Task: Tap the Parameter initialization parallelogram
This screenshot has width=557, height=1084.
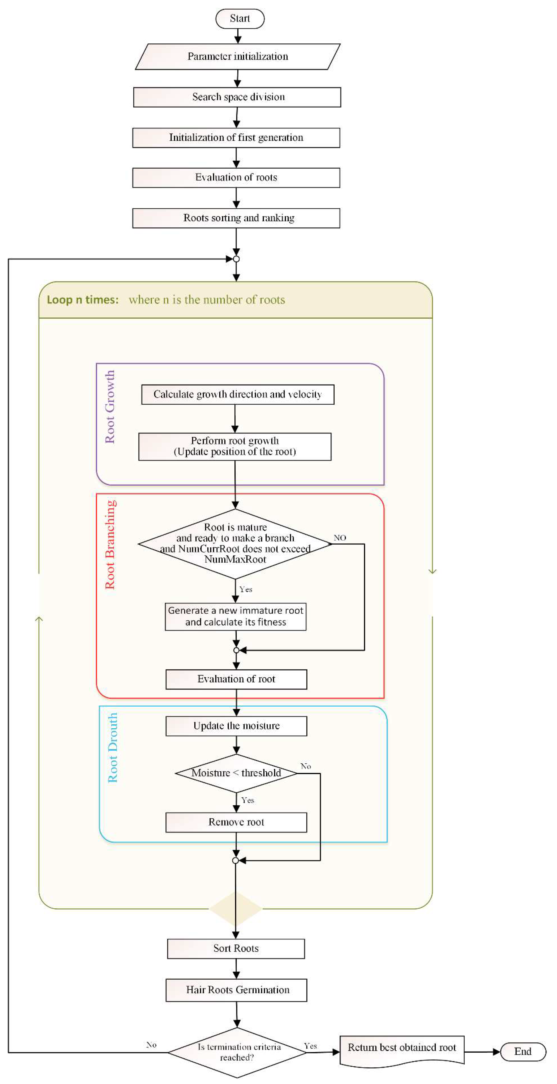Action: [x=238, y=56]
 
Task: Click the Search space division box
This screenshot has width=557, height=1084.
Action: [x=237, y=97]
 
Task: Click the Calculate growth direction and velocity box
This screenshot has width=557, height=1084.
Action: [x=238, y=394]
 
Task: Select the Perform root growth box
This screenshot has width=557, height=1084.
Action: [x=235, y=447]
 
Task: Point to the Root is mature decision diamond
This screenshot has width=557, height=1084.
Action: [x=235, y=544]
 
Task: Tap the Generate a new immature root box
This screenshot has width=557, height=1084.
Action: [x=235, y=617]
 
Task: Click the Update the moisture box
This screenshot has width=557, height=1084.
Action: [x=236, y=726]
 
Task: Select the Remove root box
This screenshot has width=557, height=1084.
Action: [x=236, y=822]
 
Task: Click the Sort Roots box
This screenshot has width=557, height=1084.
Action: [x=236, y=948]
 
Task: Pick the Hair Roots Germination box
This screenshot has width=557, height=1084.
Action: [x=236, y=990]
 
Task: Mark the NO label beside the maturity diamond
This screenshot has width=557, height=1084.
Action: [x=340, y=538]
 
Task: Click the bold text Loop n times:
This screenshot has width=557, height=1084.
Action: [x=82, y=300]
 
